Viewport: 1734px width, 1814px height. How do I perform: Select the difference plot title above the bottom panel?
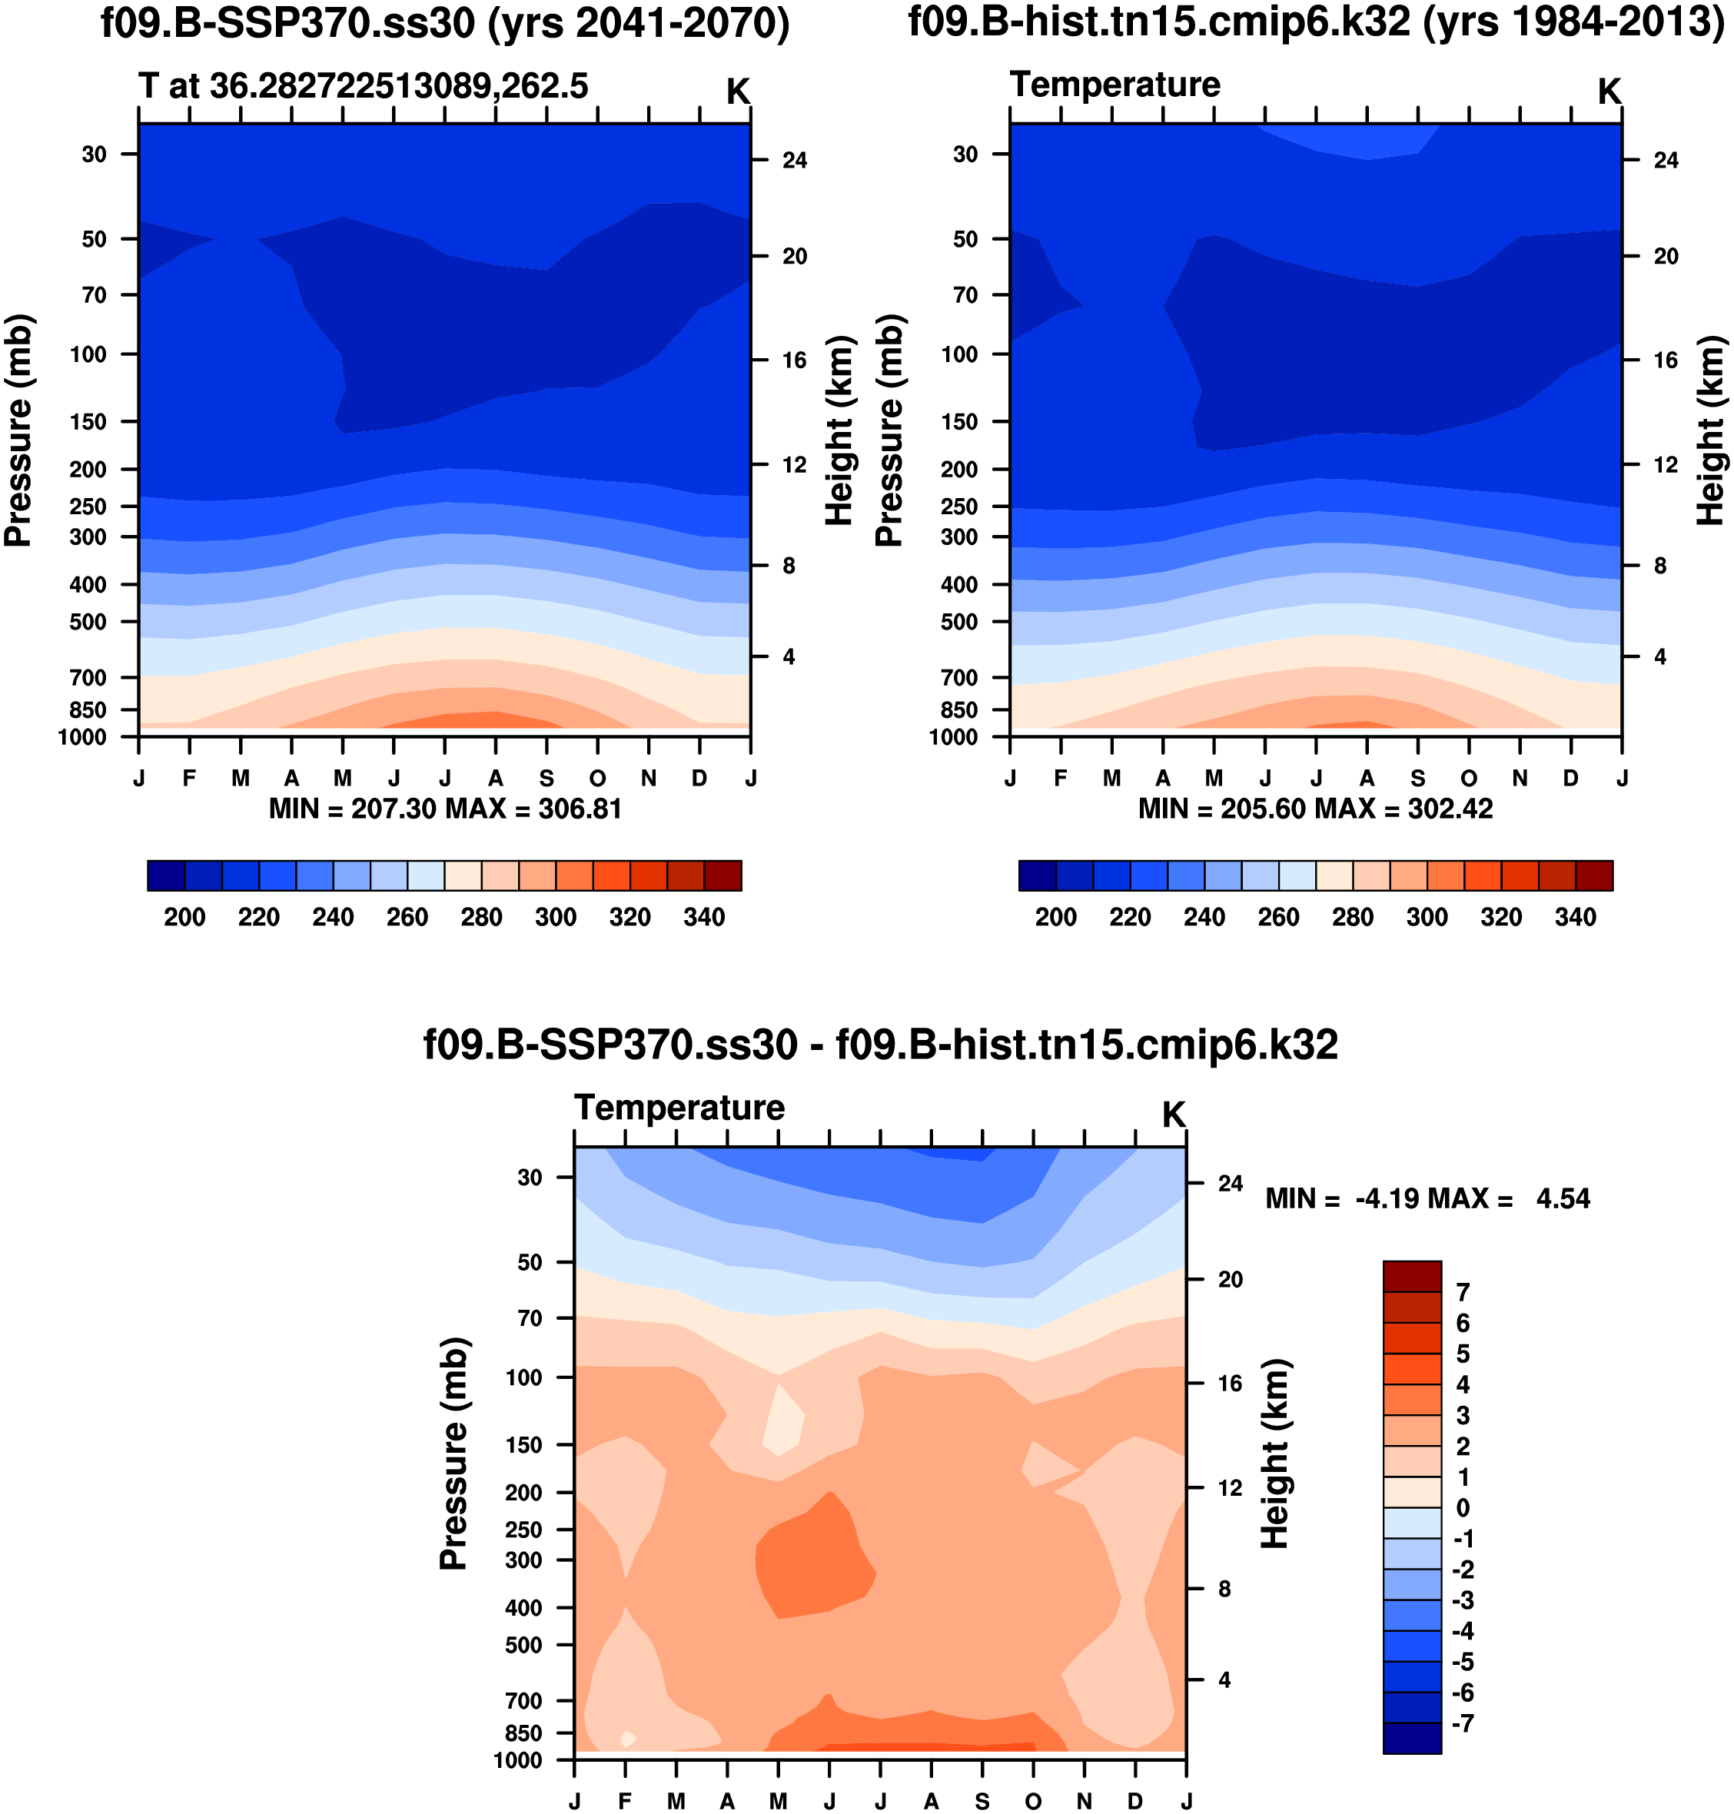pyautogui.click(x=880, y=1045)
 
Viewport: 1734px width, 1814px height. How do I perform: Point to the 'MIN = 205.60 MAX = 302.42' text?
pyautogui.click(x=1315, y=809)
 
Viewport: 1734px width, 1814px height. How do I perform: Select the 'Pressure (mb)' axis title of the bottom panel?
pyautogui.click(x=453, y=1453)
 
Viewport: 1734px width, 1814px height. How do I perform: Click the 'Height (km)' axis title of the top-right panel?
pyautogui.click(x=1711, y=430)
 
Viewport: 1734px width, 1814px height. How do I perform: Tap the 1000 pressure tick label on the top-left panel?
pyautogui.click(x=82, y=737)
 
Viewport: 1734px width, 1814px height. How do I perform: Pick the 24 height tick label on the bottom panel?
pyautogui.click(x=1231, y=1183)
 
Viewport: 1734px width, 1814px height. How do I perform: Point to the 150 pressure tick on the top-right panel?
pyautogui.click(x=959, y=421)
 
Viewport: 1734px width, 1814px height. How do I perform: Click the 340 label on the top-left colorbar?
pyautogui.click(x=704, y=918)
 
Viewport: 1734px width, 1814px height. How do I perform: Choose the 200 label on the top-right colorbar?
pyautogui.click(x=1055, y=918)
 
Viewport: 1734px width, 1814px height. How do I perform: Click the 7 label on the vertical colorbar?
pyautogui.click(x=1462, y=1292)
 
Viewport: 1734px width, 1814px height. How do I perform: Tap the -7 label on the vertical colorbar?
pyautogui.click(x=1462, y=1723)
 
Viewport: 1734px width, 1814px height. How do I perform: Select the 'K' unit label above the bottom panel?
pyautogui.click(x=1173, y=1115)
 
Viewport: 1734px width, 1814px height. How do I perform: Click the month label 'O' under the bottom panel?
pyautogui.click(x=1033, y=1801)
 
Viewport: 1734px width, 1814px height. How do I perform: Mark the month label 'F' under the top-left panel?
pyautogui.click(x=190, y=778)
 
